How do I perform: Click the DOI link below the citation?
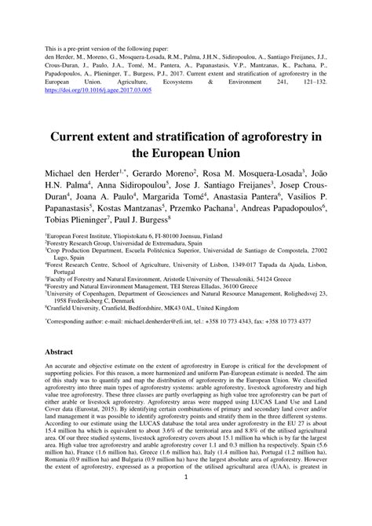click(x=99, y=90)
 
